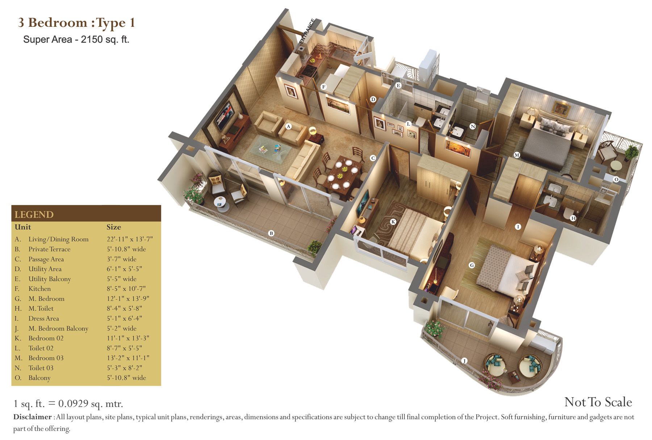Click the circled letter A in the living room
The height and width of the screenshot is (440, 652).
tap(289, 126)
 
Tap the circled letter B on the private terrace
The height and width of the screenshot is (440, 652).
tap(271, 233)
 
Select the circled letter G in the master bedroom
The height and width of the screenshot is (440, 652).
tap(472, 265)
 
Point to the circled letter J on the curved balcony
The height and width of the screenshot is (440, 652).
tap(464, 361)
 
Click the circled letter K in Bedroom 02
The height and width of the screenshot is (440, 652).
tap(393, 222)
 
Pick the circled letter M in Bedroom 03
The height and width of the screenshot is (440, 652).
tap(517, 155)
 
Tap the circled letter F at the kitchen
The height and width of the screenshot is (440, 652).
tap(324, 87)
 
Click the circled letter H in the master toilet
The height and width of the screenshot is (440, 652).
tap(573, 218)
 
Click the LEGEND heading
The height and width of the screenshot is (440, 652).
tap(34, 215)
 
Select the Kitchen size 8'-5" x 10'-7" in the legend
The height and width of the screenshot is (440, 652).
tap(126, 289)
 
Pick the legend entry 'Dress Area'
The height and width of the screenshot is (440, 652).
tap(43, 318)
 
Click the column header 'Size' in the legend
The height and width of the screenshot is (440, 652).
tap(114, 227)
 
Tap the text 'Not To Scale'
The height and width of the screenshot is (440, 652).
tap(598, 402)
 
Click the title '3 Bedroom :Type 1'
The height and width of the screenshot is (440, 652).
tap(77, 22)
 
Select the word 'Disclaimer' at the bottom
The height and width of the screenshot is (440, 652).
tap(33, 417)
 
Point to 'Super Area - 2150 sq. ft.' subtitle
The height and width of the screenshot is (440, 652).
tap(76, 39)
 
